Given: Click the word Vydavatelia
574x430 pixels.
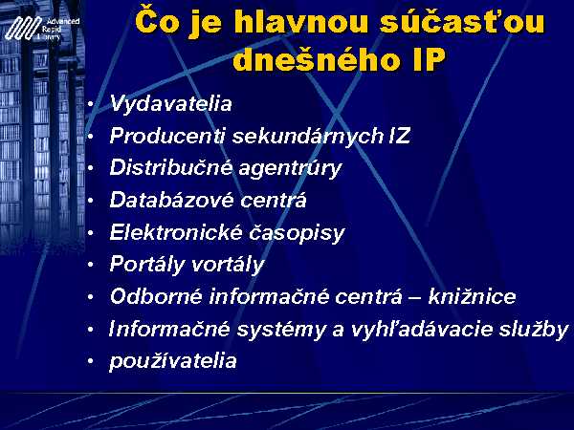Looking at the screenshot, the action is (171, 104).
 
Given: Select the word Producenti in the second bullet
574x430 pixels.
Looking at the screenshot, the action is (167, 136).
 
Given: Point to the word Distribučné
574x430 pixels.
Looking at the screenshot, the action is (171, 167).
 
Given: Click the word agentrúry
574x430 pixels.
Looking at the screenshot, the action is (290, 168).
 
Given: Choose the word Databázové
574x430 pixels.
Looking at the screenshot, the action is (171, 200).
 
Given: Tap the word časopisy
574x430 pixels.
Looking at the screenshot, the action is (297, 233).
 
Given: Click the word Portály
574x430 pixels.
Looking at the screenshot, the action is (147, 265).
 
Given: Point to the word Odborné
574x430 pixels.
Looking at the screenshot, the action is (156, 296).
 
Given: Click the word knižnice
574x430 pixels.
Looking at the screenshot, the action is (472, 296).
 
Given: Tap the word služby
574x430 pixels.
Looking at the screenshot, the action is (532, 329).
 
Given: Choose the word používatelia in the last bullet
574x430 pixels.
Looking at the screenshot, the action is (173, 361).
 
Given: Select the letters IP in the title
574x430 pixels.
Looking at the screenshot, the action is (429, 59).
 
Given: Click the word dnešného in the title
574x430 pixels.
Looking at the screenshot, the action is (319, 58).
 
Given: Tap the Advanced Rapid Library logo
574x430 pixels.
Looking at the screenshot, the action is (42, 28).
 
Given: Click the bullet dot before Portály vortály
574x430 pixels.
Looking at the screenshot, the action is (91, 264).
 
